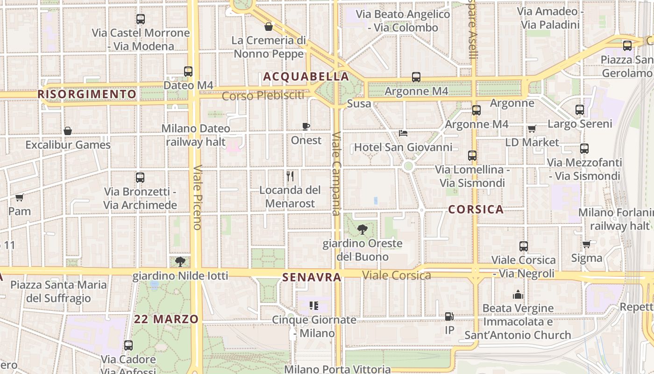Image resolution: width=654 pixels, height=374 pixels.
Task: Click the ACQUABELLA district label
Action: tap(306, 77)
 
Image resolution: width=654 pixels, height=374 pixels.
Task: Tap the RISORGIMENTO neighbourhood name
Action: tap(87, 94)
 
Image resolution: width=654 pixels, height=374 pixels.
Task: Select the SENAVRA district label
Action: tap(312, 277)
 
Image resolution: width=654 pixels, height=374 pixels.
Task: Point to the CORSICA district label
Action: tap(476, 209)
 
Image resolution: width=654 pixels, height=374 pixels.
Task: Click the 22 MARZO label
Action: tap(166, 319)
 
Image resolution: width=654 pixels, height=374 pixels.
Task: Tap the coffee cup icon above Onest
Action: tap(306, 126)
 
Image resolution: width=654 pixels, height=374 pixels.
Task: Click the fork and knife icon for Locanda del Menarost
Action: tap(290, 176)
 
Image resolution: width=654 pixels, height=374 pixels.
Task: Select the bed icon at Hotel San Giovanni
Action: tap(403, 133)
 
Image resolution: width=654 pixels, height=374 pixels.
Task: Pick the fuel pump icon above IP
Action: tap(449, 316)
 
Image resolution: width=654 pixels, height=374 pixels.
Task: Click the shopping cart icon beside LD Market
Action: tap(532, 129)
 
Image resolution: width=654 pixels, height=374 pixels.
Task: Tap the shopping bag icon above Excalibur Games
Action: tap(68, 131)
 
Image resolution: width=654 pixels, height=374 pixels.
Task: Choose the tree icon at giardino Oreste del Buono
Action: tap(362, 229)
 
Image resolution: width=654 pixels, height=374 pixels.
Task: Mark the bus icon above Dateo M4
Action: tap(188, 72)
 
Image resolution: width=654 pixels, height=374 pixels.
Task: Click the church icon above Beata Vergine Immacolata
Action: tap(518, 295)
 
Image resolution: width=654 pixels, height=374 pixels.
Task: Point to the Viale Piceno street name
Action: tap(197, 197)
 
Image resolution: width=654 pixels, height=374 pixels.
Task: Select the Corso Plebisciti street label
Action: tap(263, 96)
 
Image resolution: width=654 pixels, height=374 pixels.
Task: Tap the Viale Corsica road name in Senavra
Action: tap(397, 275)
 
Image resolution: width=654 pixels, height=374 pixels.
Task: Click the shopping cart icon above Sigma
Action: tap(586, 244)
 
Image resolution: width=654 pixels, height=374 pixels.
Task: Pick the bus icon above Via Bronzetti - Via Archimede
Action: tap(140, 178)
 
